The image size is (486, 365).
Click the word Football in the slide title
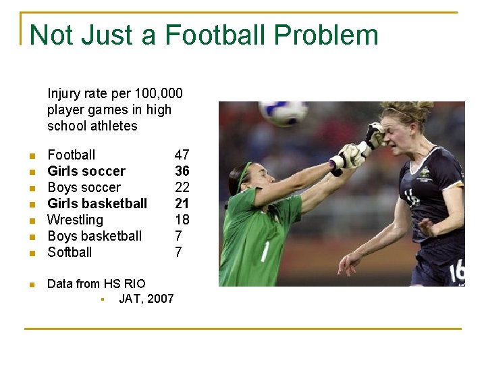point(215,35)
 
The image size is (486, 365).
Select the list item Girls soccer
point(86,171)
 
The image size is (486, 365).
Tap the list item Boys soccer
point(84,187)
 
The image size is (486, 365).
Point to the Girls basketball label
point(97,203)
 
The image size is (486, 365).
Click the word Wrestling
point(75,220)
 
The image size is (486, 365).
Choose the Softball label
point(70,252)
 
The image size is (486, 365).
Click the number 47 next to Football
point(182,155)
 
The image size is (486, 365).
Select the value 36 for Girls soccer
point(182,171)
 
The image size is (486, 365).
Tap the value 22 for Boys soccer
point(182,187)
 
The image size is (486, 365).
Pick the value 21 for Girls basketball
point(182,203)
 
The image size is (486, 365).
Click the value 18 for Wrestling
point(182,220)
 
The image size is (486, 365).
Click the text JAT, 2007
point(146,298)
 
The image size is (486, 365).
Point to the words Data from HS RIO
point(96,283)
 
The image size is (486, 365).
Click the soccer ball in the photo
point(283,112)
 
